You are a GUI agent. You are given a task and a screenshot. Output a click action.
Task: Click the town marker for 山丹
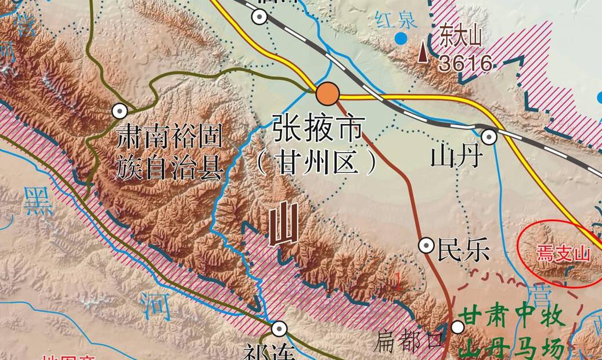click(489, 136)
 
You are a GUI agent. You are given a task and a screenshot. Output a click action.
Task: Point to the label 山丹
click(457, 156)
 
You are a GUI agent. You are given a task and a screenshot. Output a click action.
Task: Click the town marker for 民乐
click(427, 246)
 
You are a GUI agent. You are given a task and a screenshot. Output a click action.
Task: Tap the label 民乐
click(464, 250)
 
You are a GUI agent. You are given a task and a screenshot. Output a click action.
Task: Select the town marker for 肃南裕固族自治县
click(120, 110)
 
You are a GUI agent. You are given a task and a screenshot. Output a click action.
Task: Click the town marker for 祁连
click(279, 329)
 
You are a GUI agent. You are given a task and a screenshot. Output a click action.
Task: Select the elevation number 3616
click(466, 63)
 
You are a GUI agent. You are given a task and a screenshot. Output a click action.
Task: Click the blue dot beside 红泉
click(400, 39)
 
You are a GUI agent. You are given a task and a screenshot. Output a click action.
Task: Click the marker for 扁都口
click(458, 327)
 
